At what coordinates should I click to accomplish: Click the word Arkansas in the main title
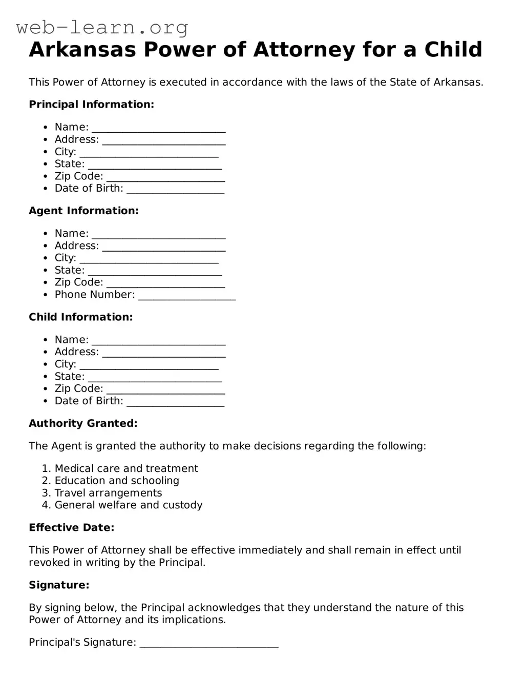coord(82,50)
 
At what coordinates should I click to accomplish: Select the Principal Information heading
coord(91,105)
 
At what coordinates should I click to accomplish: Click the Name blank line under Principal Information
coord(159,128)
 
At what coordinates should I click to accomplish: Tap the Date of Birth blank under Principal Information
coord(175,190)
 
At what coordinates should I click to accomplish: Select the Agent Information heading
coord(83,211)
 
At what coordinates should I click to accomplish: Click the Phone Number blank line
coord(187,296)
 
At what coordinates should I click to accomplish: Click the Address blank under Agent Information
coord(164,247)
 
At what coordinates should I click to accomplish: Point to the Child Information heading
coord(80,317)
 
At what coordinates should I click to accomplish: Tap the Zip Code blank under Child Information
coord(165,390)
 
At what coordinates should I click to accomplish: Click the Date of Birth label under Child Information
coord(89,401)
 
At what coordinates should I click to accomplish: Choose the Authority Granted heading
coord(83,423)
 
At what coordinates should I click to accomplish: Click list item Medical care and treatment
coord(126,468)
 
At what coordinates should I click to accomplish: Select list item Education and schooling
coord(117,481)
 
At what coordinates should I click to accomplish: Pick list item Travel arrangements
coord(108,493)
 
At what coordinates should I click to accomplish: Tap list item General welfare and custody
coord(129,505)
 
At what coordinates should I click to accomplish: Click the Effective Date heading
coord(71,528)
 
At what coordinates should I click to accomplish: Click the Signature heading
coord(59,585)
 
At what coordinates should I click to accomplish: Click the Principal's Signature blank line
coord(209,644)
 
